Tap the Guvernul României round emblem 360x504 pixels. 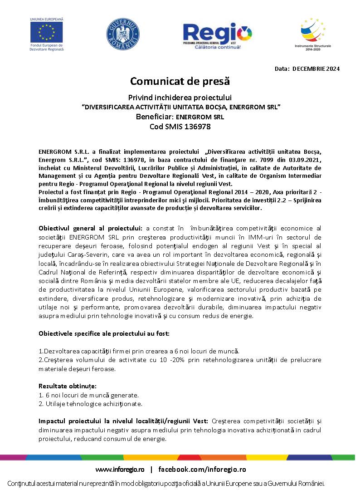pyautogui.click(x=121, y=34)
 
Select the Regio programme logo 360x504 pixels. pyautogui.click(x=217, y=35)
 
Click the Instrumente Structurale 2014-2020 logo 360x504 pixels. pyautogui.click(x=313, y=33)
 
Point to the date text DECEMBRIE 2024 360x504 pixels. pyautogui.click(x=316, y=69)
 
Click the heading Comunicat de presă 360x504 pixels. pyautogui.click(x=180, y=81)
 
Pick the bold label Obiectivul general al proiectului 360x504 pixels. pyautogui.click(x=91, y=227)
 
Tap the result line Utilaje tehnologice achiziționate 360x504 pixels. pyautogui.click(x=93, y=403)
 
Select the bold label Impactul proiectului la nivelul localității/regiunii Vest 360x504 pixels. pyautogui.click(x=123, y=421)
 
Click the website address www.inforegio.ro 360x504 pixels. pyautogui.click(x=120, y=469)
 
